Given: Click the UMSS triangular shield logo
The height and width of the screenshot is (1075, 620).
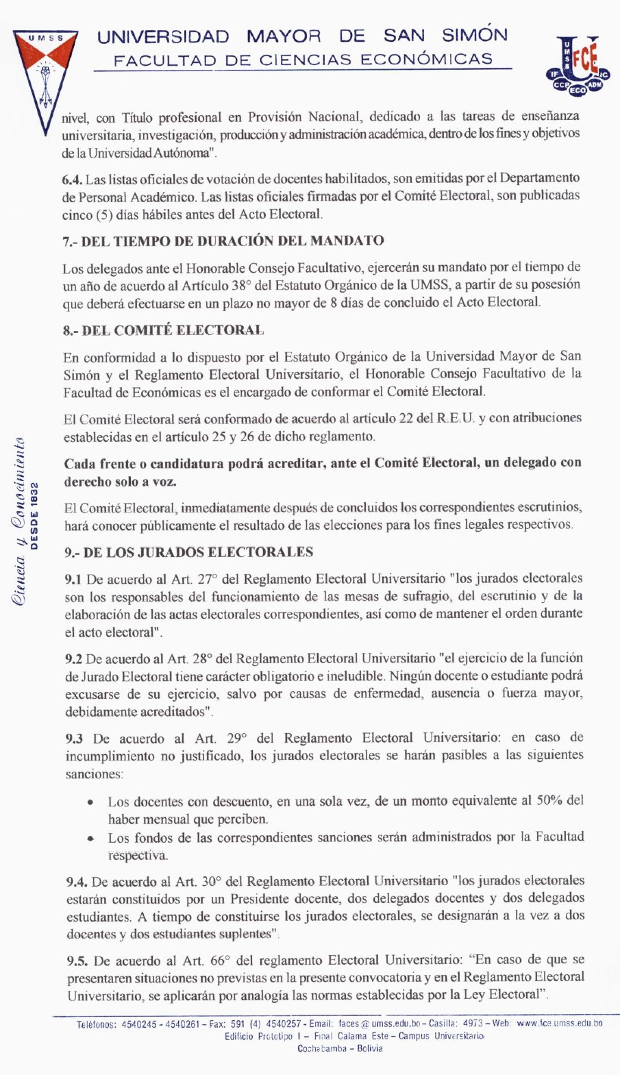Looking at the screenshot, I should pos(45,75).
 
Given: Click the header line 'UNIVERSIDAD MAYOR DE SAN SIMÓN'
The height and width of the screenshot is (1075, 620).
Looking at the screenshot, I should pos(302,36).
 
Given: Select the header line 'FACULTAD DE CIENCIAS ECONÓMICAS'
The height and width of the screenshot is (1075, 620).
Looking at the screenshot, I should pos(303,60).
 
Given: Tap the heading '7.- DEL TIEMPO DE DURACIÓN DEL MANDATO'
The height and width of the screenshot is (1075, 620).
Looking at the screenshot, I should pos(223,241).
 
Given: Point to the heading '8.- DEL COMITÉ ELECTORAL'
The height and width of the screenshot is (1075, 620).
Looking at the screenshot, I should pos(163,330).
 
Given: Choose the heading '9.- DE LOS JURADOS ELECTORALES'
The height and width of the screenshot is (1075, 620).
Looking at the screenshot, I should pos(188,552).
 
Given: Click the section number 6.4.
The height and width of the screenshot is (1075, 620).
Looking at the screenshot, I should pos(72,180).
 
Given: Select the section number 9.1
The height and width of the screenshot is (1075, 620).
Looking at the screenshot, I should pos(73,579).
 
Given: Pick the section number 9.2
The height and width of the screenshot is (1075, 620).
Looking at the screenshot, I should pos(73,659).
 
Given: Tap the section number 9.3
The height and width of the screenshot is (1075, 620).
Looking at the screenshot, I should pos(74,739).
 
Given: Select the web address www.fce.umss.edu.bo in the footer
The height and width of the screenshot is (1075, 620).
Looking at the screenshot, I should pos(559,1023).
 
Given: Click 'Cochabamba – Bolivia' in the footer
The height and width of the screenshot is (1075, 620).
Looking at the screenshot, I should pos(340,1048).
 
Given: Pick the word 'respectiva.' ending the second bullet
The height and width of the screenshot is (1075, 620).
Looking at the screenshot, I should pos(138,855).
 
